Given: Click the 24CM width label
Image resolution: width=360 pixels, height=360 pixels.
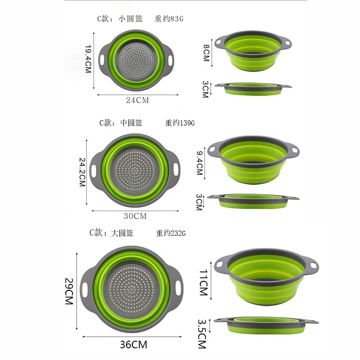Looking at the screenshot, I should tap(137, 100).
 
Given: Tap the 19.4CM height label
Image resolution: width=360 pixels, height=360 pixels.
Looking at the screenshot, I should tap(89, 59).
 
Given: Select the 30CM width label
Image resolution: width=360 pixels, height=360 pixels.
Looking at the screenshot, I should tap(135, 216).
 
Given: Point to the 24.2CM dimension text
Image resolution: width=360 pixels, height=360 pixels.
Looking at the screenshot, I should tap(82, 172).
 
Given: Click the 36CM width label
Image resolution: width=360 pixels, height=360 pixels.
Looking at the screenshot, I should tap(134, 345).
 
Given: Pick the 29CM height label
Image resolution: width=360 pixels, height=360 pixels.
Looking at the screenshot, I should tap(68, 291).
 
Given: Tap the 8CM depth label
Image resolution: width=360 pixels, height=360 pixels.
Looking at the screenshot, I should tap(206, 53).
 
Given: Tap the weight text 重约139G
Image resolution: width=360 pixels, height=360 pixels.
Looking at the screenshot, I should tap(180, 123).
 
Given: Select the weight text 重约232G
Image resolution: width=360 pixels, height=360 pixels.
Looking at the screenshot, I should tap(171, 233).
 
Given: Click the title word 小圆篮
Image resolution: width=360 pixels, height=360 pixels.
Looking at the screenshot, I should tap(130, 19).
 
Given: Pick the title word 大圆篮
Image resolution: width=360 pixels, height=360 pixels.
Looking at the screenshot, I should tap(122, 233).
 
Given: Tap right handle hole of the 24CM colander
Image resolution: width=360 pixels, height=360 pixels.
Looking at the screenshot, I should tap(171, 59).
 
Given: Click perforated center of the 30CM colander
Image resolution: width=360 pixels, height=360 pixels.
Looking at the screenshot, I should tap(135, 172).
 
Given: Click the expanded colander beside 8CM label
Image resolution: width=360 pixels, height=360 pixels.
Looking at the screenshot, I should tap(255, 52).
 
